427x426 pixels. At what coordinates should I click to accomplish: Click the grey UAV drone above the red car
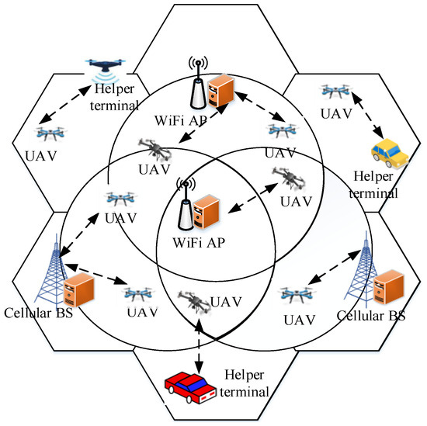(190, 299)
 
